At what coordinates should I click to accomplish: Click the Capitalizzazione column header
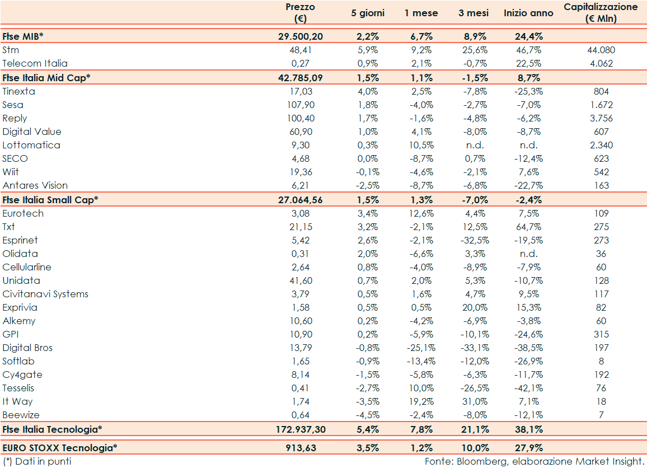(601, 13)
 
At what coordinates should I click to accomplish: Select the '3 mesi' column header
(473, 13)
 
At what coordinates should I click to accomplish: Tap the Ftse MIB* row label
(23, 36)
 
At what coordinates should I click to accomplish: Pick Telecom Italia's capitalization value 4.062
(602, 63)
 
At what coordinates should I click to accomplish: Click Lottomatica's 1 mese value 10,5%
(421, 145)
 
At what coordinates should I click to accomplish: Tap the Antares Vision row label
(35, 185)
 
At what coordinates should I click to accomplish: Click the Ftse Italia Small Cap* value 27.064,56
(301, 199)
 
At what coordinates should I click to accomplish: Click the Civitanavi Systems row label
(45, 294)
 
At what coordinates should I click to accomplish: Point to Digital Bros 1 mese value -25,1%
(421, 348)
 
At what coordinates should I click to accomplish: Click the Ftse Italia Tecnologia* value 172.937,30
(301, 429)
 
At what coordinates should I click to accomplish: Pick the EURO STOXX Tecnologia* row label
(60, 448)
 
